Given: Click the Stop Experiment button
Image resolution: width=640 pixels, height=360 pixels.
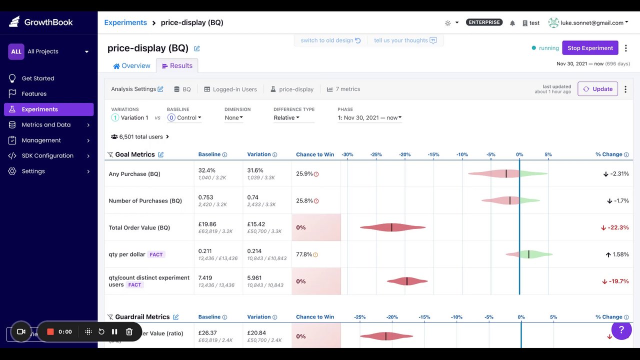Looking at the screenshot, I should coord(590,48).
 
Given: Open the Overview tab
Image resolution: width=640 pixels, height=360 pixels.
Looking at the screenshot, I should coord(131,66).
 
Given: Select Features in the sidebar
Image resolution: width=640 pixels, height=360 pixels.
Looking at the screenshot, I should coord(34,93).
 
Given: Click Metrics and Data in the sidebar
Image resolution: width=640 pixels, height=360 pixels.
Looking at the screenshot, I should coord(46,124).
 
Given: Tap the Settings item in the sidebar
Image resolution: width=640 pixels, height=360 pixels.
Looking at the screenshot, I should coord(33,171).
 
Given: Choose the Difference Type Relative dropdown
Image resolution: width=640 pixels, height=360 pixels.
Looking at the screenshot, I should coord(286,118).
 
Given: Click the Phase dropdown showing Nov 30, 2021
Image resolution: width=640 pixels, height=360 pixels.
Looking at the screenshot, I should coord(370,118).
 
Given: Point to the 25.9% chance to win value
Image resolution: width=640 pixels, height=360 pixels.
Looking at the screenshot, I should coord(304,174).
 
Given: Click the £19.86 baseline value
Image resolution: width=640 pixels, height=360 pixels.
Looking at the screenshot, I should coord(207,224).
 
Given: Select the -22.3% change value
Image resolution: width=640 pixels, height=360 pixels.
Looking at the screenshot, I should coord(618,227).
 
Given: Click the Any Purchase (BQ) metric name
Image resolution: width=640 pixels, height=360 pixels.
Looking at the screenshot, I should coord(134,174).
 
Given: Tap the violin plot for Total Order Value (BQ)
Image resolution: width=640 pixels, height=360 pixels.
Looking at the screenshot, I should coord(392,227).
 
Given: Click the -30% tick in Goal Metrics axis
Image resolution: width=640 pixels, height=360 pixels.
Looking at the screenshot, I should coord(347,154).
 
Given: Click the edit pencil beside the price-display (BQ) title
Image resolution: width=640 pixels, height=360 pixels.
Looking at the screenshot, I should coord(197,48).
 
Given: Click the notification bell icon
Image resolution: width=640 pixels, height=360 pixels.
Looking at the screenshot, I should coord(512,23).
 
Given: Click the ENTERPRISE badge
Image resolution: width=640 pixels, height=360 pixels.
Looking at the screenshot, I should coord(484,22).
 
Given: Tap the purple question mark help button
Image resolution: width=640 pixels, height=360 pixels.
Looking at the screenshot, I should coord(621,330).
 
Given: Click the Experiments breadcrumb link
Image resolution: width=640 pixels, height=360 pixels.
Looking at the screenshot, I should coord(125,22).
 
